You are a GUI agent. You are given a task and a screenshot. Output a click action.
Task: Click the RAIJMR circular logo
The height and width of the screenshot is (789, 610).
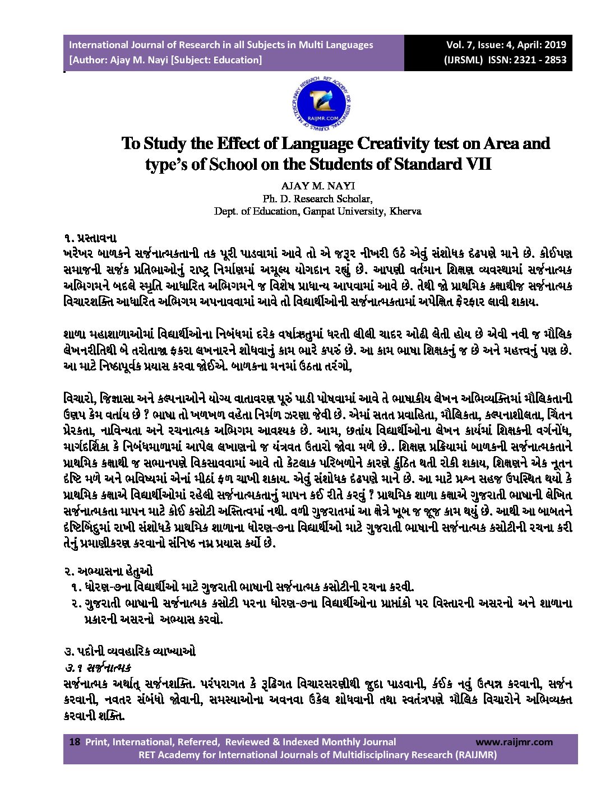(321, 104)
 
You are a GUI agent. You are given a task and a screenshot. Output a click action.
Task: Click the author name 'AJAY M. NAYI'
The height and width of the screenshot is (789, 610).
(318, 186)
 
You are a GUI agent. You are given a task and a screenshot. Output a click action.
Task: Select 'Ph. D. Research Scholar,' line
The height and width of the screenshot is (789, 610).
(318, 199)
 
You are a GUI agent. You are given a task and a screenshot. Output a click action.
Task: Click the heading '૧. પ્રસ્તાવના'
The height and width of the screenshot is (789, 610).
(90, 238)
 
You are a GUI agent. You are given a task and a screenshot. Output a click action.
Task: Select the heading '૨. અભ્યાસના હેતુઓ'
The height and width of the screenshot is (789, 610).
(108, 572)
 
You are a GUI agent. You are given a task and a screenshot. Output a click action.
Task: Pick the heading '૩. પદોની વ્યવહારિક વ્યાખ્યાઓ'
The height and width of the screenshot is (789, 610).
(130, 651)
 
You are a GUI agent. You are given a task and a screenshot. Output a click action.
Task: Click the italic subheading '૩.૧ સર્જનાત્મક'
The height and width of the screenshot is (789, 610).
(98, 667)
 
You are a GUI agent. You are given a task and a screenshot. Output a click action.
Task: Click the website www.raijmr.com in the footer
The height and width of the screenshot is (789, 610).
(514, 742)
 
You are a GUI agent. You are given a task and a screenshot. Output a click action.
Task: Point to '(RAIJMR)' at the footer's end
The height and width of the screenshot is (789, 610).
(475, 755)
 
